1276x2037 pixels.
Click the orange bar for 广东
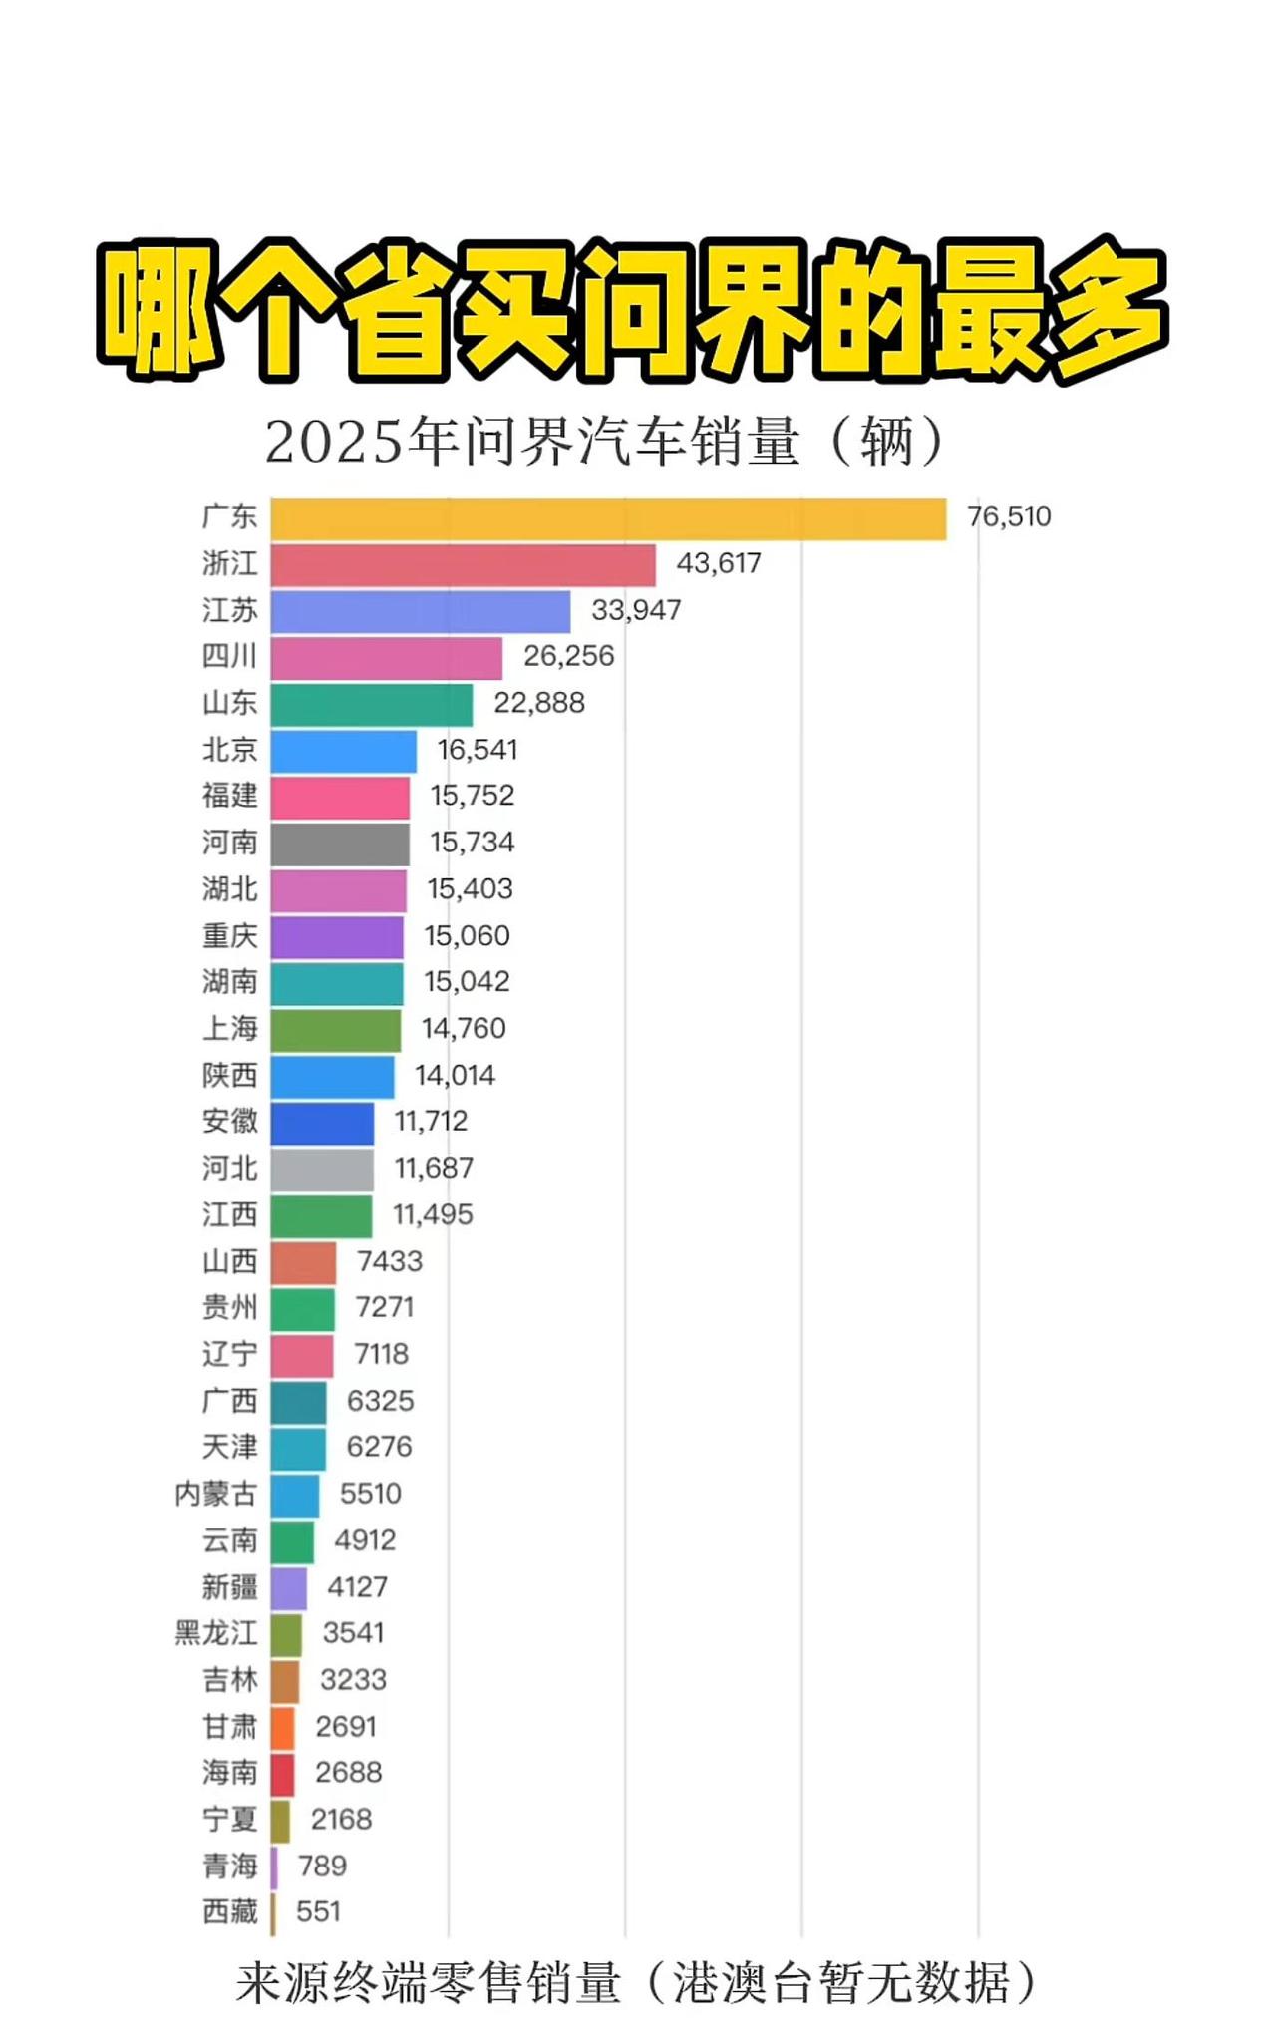pos(608,519)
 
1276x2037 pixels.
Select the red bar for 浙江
pos(463,565)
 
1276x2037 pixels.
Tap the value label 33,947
pos(636,610)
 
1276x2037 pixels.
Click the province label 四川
pos(229,656)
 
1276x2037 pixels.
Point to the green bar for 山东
pos(371,705)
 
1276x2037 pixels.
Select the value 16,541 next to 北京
pos(478,750)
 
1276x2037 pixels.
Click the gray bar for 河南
pos(339,845)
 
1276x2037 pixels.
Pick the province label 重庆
pos(229,936)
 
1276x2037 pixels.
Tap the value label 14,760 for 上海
pos(464,1029)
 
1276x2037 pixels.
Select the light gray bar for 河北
pos(322,1170)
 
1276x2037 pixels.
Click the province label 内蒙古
pos(215,1495)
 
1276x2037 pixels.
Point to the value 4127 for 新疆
pos(357,1587)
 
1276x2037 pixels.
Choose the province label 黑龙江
pos(215,1633)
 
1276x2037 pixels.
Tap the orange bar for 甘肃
pos(282,1728)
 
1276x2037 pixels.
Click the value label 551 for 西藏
pos(318,1912)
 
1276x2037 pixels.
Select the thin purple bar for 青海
pos(274,1867)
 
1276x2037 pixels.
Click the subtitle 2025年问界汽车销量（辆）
pos(604,442)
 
